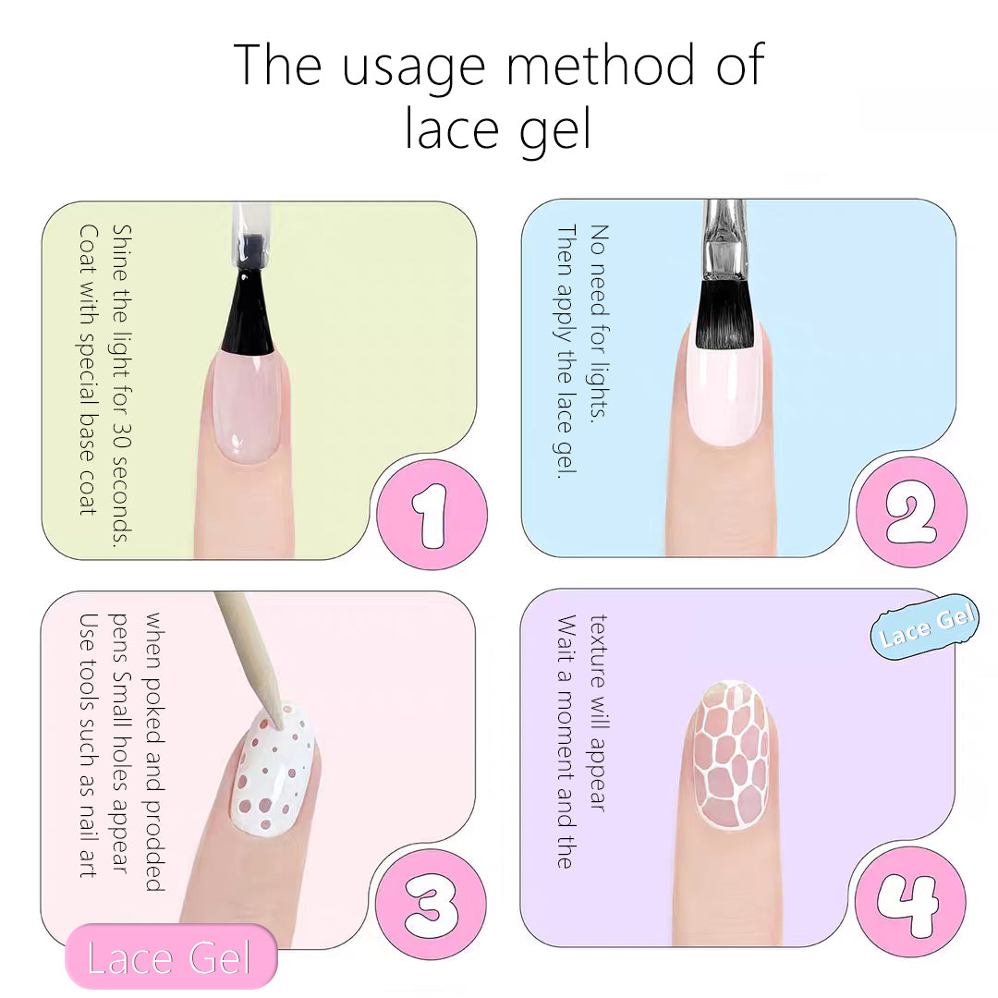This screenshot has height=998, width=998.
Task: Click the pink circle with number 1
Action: (x=432, y=515)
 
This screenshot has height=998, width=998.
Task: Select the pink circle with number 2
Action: (x=911, y=512)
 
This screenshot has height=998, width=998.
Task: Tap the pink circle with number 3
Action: (x=431, y=904)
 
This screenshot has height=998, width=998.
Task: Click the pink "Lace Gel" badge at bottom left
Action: (x=171, y=956)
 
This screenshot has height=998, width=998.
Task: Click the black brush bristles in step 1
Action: (x=248, y=312)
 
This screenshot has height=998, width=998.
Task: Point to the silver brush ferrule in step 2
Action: (x=724, y=241)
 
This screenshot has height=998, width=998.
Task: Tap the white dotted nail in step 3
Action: (x=272, y=770)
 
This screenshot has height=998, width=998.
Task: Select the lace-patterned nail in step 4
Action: (x=730, y=755)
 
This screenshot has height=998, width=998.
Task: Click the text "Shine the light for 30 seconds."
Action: (x=121, y=385)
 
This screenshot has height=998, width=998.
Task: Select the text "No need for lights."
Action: (x=599, y=323)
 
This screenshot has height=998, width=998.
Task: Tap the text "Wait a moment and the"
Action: (x=566, y=741)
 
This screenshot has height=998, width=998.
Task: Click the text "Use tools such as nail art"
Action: (x=89, y=746)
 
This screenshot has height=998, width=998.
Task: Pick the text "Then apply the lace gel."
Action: (x=566, y=351)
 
